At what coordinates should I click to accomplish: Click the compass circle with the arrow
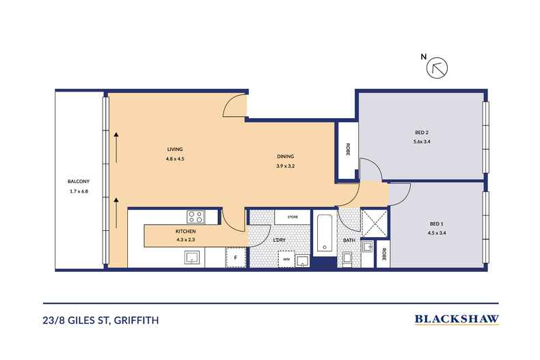tap(436, 68)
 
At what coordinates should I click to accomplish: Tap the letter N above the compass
tap(423, 58)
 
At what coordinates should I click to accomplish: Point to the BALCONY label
tap(78, 181)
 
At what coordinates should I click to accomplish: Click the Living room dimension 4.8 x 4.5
tap(175, 158)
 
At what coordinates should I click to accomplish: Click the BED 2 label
tap(421, 132)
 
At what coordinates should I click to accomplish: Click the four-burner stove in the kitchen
tap(195, 217)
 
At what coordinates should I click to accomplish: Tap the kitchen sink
tap(191, 258)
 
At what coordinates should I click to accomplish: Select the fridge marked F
tap(235, 258)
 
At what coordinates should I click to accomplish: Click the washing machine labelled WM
tap(287, 258)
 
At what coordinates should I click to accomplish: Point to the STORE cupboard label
tap(293, 217)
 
